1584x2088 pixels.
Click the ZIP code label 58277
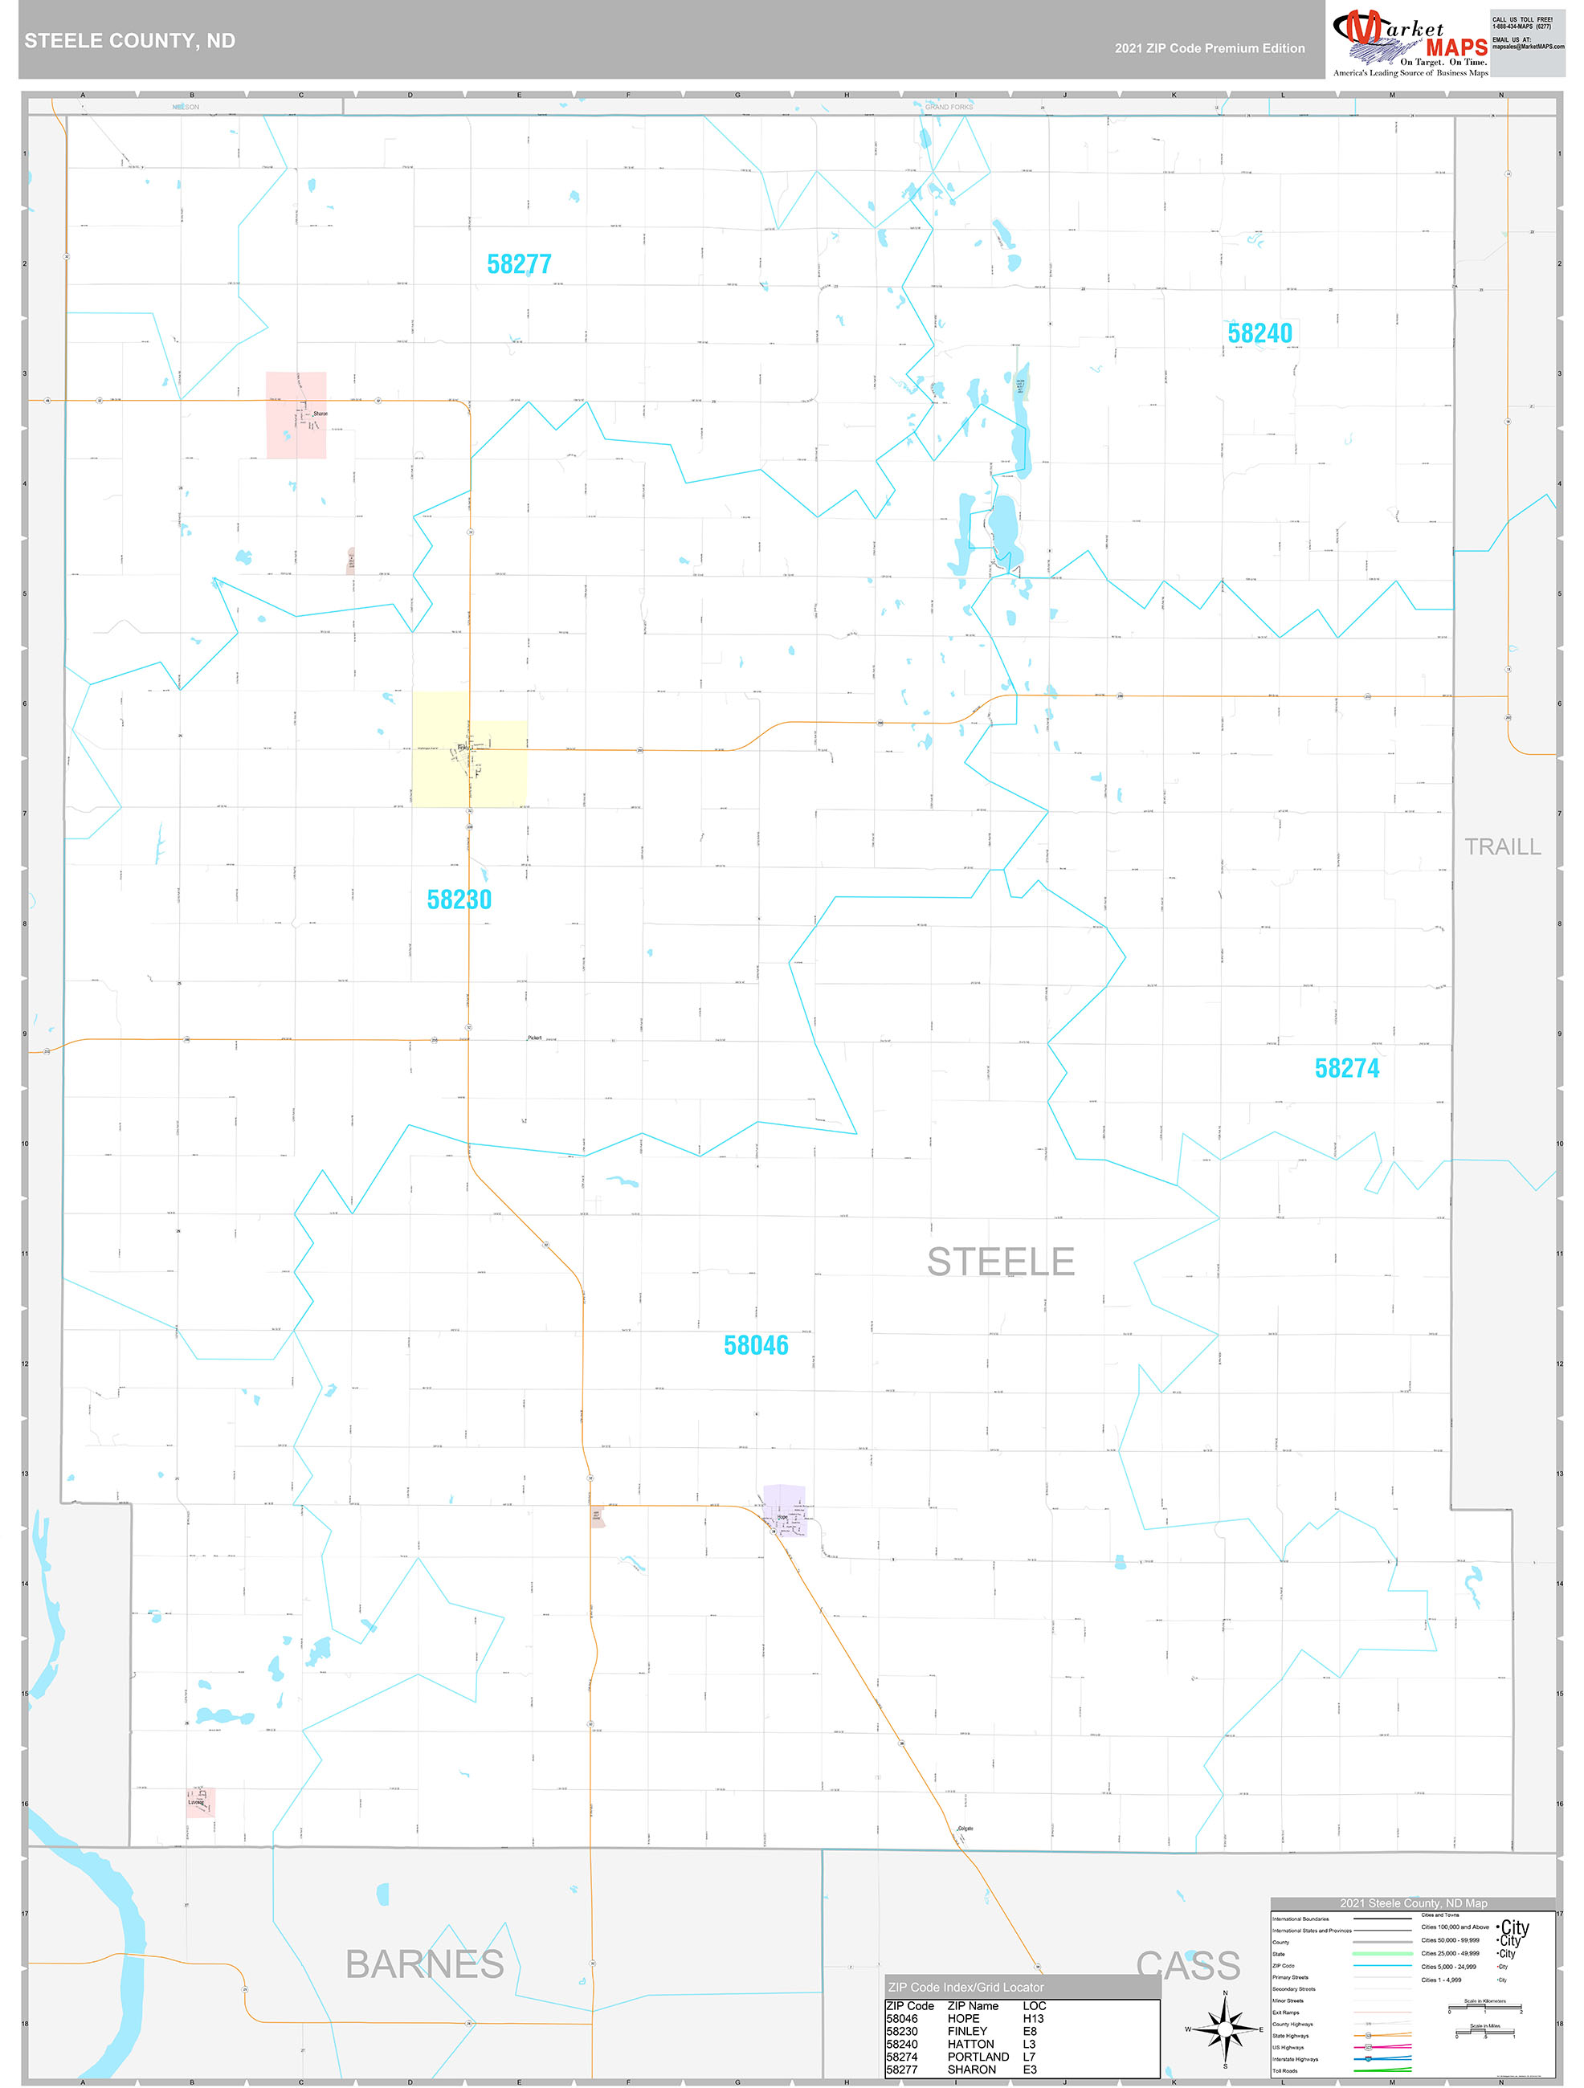(x=518, y=264)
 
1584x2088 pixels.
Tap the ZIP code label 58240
(x=1259, y=333)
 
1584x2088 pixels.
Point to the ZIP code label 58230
(x=459, y=899)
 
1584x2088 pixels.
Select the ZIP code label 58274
(x=1346, y=1069)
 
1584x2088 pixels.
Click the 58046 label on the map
(x=755, y=1345)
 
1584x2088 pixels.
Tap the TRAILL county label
(x=1502, y=846)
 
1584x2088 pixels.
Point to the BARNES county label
(x=424, y=1964)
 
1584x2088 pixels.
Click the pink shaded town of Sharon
(x=296, y=415)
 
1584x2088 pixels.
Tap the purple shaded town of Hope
(x=785, y=1511)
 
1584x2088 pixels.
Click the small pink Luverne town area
(x=200, y=1802)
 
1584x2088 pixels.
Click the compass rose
(x=1224, y=2029)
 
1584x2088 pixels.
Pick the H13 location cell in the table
(x=1034, y=2018)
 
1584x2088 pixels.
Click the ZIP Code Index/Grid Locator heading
(x=966, y=1987)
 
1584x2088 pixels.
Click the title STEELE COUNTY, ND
(x=129, y=41)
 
